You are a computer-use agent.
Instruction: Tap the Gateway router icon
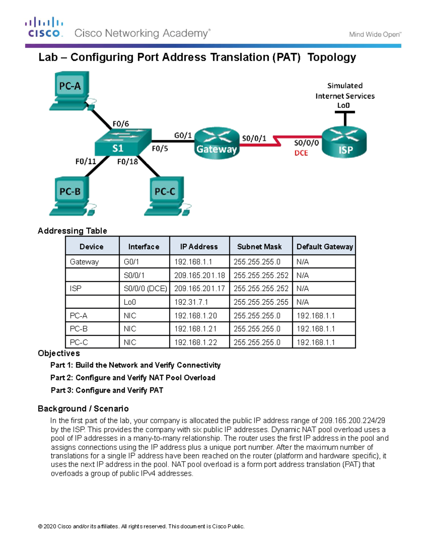pyautogui.click(x=217, y=143)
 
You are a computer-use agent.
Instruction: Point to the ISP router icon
pyautogui.click(x=344, y=143)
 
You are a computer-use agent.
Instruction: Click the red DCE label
pyautogui.click(x=301, y=153)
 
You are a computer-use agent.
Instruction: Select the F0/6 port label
pyautogui.click(x=121, y=124)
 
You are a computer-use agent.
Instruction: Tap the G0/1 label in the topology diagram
pyautogui.click(x=183, y=135)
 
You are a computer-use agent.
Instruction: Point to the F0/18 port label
pyautogui.click(x=128, y=162)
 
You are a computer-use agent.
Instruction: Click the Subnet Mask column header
pyautogui.click(x=259, y=246)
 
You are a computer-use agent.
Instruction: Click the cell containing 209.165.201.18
pyautogui.click(x=199, y=275)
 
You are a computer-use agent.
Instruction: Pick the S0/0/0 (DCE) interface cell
pyautogui.click(x=145, y=289)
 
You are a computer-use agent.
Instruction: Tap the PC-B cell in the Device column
pyautogui.click(x=79, y=329)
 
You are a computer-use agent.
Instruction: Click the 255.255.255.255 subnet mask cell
pyautogui.click(x=261, y=302)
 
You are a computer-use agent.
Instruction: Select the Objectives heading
pyautogui.click(x=59, y=353)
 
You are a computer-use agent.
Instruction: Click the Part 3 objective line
pyautogui.click(x=107, y=390)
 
